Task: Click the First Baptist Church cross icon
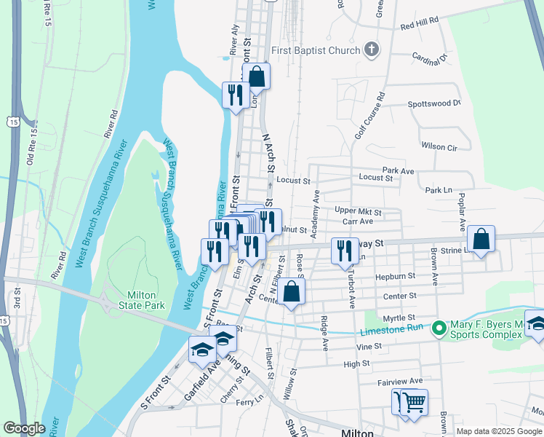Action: click(x=372, y=50)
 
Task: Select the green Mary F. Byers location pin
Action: click(x=438, y=328)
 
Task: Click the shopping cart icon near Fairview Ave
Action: click(x=413, y=401)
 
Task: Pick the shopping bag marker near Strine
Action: click(x=481, y=239)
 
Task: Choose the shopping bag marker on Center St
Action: click(x=290, y=291)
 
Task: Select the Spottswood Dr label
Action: click(x=434, y=103)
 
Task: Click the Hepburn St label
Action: click(x=395, y=277)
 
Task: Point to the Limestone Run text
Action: click(x=392, y=331)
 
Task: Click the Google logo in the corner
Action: click(x=24, y=428)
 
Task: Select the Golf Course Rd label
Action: click(x=369, y=116)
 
